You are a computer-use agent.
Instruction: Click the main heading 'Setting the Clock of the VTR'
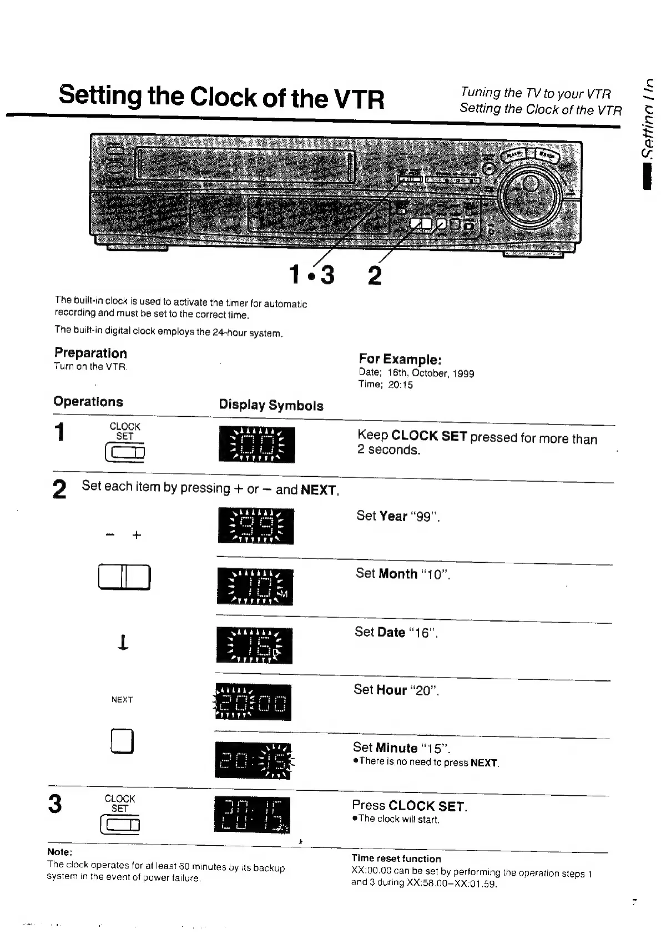(221, 97)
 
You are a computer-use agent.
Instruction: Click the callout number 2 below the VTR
(375, 275)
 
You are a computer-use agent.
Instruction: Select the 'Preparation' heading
(90, 353)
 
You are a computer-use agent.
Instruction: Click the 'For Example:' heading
(400, 359)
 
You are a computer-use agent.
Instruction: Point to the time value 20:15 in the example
(400, 385)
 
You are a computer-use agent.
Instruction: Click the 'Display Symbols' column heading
(271, 405)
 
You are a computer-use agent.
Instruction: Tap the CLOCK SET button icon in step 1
(125, 453)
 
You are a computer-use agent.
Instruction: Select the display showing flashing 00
(256, 445)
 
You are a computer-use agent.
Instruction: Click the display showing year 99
(256, 526)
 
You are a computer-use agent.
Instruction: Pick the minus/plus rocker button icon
(124, 577)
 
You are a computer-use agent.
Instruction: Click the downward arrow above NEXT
(123, 642)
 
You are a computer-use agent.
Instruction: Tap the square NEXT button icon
(122, 741)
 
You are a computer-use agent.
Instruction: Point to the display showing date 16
(254, 645)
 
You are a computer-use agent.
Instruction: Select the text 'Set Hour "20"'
(396, 690)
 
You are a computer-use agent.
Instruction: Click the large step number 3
(55, 804)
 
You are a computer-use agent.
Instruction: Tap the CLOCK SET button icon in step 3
(120, 825)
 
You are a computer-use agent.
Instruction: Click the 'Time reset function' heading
(396, 859)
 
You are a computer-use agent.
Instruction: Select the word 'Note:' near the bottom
(59, 852)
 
